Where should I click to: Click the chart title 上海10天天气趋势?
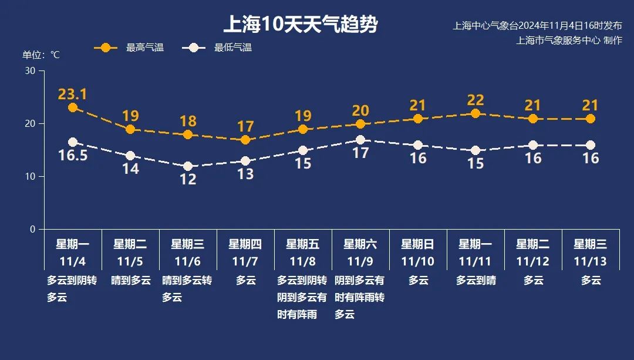[300, 25]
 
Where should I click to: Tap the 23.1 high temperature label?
[73, 94]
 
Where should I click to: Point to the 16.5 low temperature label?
[73, 156]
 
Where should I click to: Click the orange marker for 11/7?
[245, 140]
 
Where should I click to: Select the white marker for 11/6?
[188, 166]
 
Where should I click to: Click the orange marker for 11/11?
[475, 113]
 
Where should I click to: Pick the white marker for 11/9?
[360, 140]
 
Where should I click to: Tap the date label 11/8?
[303, 261]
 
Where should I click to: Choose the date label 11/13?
[591, 261]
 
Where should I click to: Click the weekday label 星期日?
[418, 244]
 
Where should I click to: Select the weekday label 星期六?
[360, 244]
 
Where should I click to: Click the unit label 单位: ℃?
[41, 55]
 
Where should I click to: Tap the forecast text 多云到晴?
[475, 281]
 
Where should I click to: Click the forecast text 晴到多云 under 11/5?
[130, 281]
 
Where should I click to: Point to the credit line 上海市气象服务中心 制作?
[569, 41]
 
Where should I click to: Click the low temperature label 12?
[188, 180]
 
